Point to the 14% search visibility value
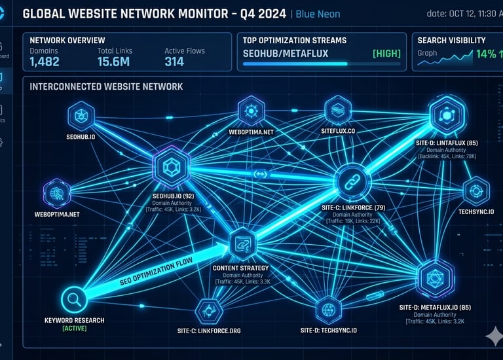pos(486,54)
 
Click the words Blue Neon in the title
pos(318,14)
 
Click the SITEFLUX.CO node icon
pos(339,107)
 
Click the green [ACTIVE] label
pos(74,328)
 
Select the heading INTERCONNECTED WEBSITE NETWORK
pos(107,86)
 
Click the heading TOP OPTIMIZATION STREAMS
pos(295,41)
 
